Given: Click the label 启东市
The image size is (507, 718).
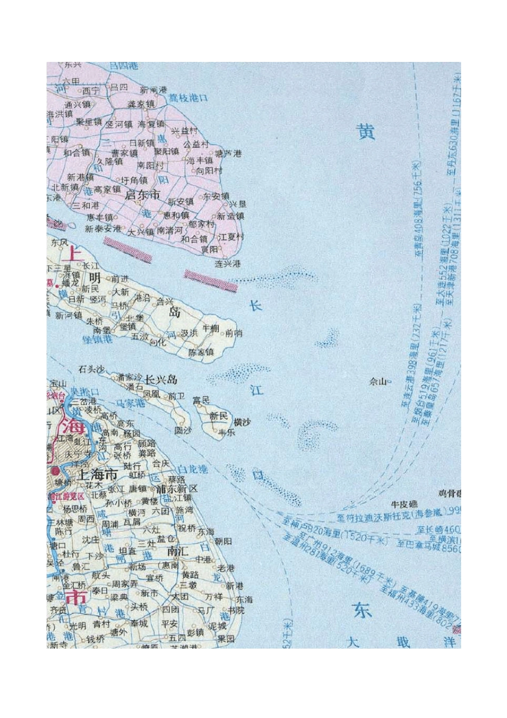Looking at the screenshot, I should click(x=142, y=195).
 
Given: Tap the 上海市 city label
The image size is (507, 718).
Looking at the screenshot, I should click(x=98, y=474).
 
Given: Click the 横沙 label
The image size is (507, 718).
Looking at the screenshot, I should click(x=242, y=422).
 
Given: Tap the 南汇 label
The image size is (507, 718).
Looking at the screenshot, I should click(x=178, y=551).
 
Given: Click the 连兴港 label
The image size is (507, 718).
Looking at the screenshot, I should click(x=228, y=264).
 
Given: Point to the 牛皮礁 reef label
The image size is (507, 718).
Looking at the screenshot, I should click(x=405, y=504).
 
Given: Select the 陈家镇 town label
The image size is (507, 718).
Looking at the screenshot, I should click(x=201, y=352).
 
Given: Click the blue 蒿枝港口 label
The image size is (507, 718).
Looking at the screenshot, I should click(x=188, y=98).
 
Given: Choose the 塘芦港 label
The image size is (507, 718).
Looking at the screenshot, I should click(x=227, y=153).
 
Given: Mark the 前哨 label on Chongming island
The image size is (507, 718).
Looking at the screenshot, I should click(x=234, y=333).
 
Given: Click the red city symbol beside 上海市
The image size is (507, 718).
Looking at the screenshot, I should click(x=56, y=471).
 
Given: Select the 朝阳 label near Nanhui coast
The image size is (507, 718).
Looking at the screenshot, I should click(x=224, y=541).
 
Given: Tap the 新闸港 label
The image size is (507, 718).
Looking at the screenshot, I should click(x=154, y=90).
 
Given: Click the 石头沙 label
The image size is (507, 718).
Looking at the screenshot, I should click(x=92, y=369).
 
